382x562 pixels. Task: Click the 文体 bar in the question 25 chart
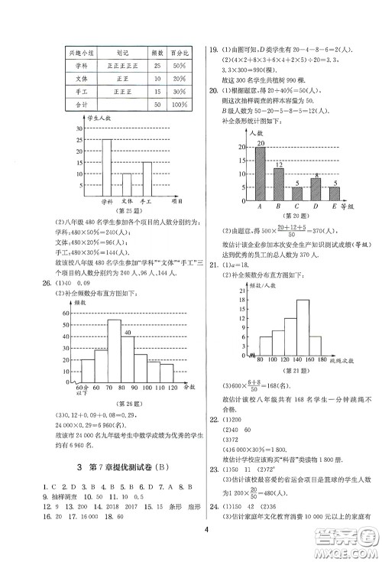tap(127, 185)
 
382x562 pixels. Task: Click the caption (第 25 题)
tap(124, 210)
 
